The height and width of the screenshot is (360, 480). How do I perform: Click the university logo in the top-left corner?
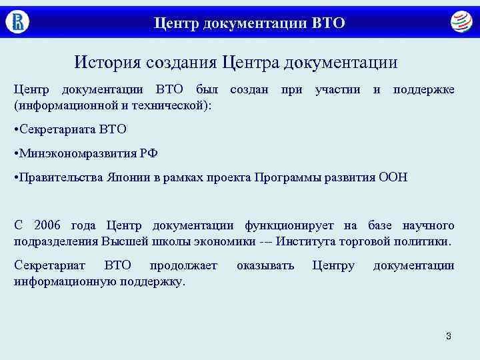coord(17,22)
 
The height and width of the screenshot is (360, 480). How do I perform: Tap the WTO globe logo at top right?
coord(460,23)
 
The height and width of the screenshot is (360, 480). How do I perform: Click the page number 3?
coord(448,336)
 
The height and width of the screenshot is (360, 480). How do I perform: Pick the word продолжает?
coord(183,265)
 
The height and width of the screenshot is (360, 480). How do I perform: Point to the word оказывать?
coord(265,265)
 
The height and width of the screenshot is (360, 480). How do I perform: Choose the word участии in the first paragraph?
coord(337,89)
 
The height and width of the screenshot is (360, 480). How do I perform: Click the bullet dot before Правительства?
coord(16,177)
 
